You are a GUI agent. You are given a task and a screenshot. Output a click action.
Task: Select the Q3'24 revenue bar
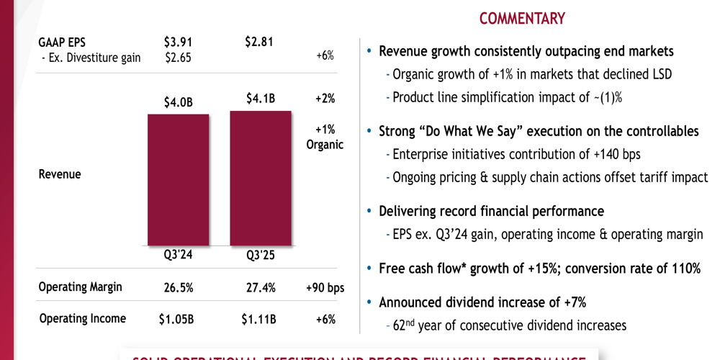point(178,180)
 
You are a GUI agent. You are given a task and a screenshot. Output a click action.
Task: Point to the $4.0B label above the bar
point(179,103)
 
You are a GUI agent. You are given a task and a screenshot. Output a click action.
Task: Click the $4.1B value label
point(261,99)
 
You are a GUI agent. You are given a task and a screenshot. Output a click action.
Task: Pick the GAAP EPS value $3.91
point(178,42)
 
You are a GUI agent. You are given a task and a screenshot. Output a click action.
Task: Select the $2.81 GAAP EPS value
point(260,42)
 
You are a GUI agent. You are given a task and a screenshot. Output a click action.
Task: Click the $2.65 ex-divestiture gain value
point(178,58)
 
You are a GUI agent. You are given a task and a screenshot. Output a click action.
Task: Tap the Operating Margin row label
point(80,287)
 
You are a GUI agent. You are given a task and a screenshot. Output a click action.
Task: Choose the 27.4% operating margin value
point(260,288)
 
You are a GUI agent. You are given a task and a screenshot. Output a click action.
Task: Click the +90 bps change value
point(325,288)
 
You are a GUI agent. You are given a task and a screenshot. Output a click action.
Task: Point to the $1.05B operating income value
point(176,319)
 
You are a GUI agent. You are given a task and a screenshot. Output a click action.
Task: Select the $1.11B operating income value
point(259,319)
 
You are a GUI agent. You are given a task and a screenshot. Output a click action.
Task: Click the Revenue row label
point(59,174)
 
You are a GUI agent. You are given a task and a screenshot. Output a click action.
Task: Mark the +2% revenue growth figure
point(325,99)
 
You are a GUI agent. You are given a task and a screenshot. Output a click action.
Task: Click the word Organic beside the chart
point(325,145)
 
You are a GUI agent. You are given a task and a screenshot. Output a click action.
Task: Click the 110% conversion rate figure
point(683,269)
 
